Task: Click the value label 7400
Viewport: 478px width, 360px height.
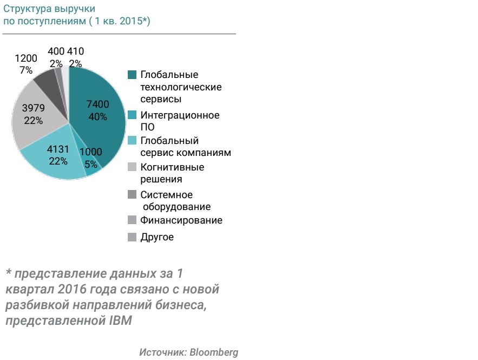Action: (98, 104)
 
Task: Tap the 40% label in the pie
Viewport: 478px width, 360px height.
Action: (98, 117)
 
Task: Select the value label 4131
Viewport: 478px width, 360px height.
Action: (58, 149)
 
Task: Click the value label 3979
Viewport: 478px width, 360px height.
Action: (33, 108)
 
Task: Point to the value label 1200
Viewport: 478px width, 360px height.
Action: (26, 58)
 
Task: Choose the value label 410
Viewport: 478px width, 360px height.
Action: (76, 52)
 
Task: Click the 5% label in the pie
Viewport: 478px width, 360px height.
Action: (91, 164)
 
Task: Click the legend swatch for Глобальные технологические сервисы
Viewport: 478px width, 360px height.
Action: (132, 75)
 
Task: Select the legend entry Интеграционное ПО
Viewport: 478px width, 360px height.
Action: (173, 121)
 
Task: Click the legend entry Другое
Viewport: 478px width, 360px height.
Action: (156, 237)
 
